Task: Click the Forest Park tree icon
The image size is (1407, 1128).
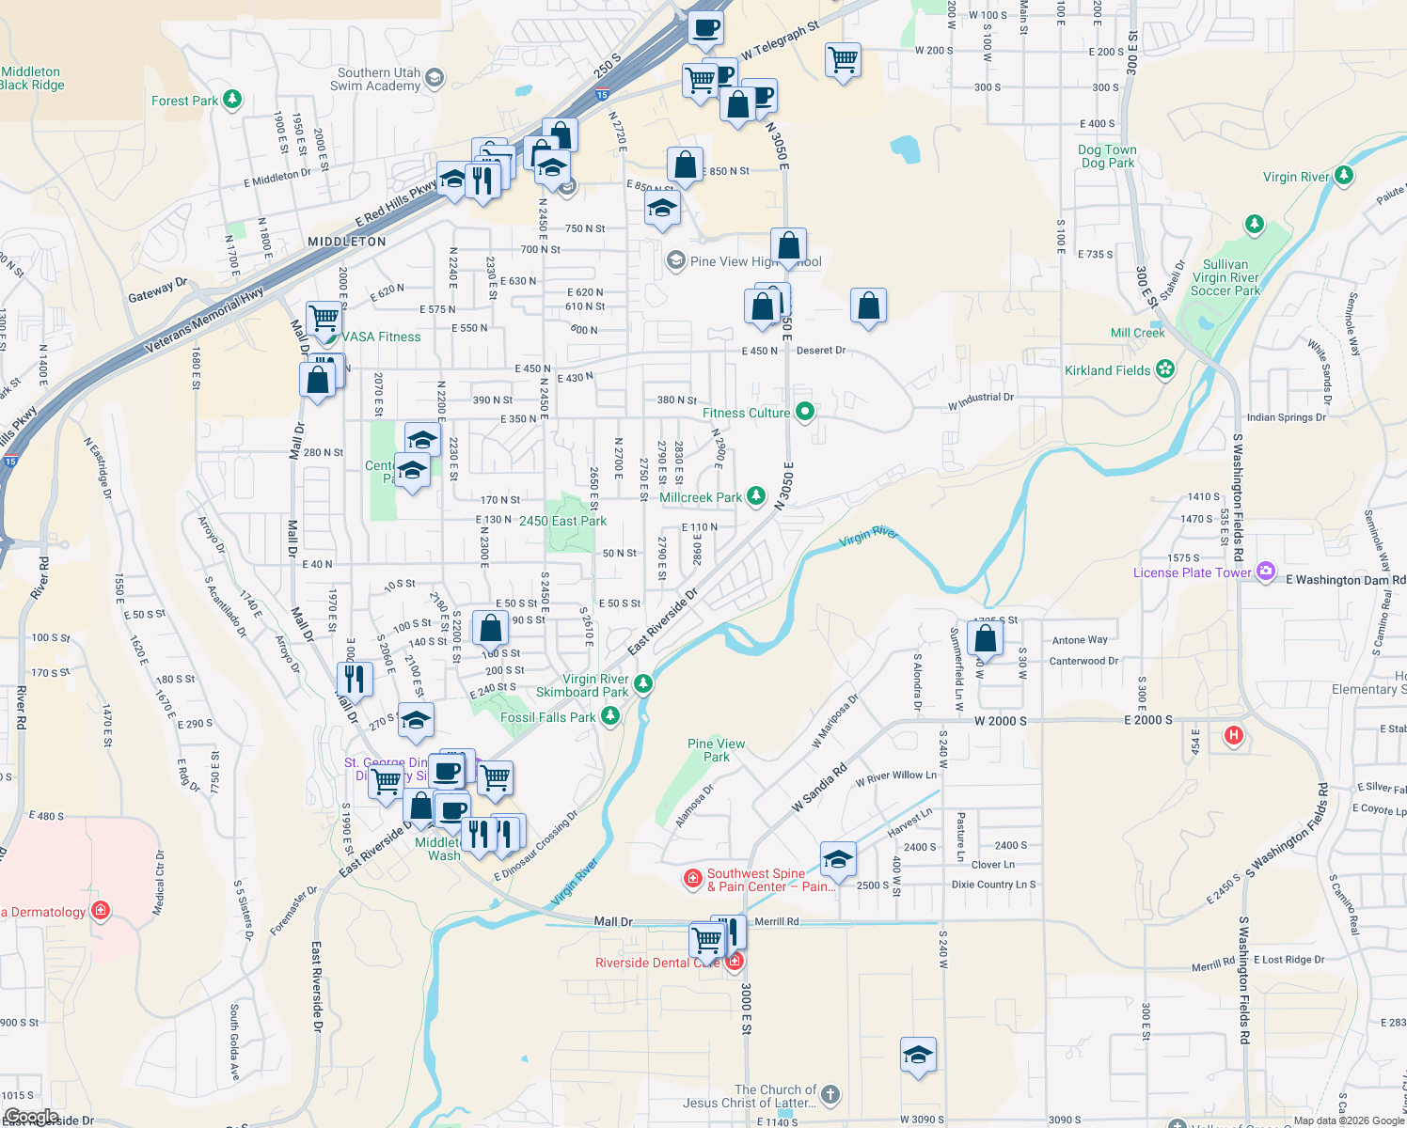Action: (232, 99)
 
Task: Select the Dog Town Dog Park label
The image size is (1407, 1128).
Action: (1107, 156)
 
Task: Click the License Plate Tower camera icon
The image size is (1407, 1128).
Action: (1265, 571)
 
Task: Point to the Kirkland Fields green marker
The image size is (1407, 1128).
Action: (1165, 369)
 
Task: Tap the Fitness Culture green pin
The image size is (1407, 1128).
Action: (804, 412)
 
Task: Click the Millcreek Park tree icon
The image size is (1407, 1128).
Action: (755, 496)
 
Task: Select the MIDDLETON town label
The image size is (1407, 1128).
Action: (347, 242)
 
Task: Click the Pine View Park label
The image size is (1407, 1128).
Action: (716, 749)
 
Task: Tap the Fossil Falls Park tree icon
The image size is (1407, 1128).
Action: (610, 716)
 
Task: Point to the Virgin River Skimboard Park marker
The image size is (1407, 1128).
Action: (643, 683)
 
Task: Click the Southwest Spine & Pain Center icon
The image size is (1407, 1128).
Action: (693, 879)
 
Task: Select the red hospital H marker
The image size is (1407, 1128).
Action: (1234, 735)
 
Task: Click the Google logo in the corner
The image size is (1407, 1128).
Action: (31, 1117)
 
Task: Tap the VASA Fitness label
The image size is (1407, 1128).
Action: (381, 337)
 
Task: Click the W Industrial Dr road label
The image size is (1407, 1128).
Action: (981, 401)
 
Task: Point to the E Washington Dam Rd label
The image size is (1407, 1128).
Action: (1345, 579)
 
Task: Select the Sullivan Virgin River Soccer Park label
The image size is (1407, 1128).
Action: (1225, 277)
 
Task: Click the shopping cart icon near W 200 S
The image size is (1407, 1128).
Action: (843, 60)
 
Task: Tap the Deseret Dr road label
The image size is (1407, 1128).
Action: (820, 351)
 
